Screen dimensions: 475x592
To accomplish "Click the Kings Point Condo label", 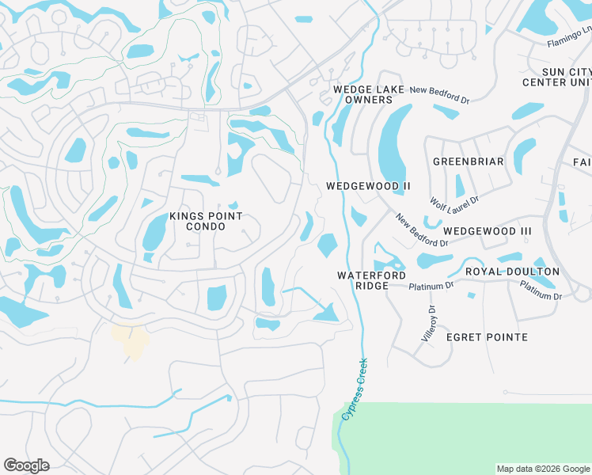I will [x=195, y=221].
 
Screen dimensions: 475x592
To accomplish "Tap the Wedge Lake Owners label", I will [x=363, y=95].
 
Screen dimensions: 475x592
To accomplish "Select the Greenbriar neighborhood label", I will [x=469, y=161].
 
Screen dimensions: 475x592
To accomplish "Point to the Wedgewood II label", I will [x=369, y=186].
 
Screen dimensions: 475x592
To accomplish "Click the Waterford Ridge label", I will [x=366, y=280].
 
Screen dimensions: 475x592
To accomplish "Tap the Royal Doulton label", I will [x=512, y=272].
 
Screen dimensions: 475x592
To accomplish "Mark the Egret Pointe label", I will [x=487, y=337].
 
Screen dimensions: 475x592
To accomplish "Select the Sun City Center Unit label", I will [x=556, y=77].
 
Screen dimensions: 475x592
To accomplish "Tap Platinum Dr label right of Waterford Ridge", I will [x=432, y=285].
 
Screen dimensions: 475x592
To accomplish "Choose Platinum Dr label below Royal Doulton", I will [x=541, y=291].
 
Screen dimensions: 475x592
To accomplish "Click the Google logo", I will [x=26, y=465].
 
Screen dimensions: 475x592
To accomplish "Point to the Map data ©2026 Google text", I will [x=543, y=469].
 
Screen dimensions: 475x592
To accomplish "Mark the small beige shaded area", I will [x=130, y=340].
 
